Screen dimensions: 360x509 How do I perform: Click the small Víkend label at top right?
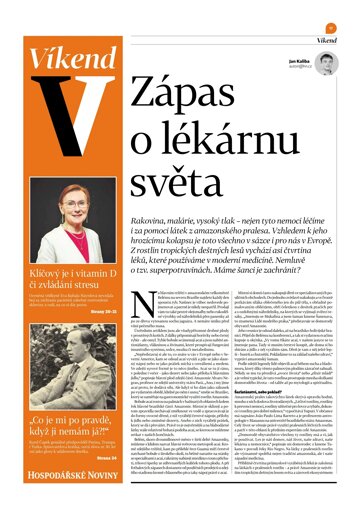328,40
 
